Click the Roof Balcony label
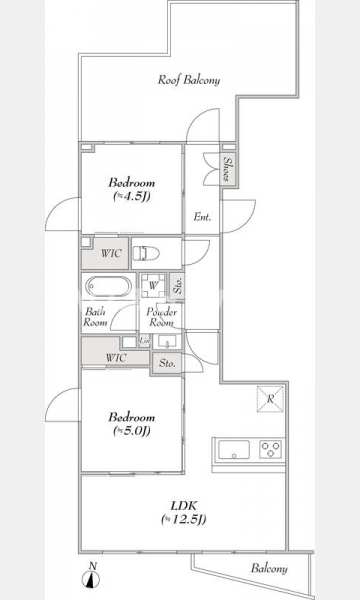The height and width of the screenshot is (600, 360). coord(189,80)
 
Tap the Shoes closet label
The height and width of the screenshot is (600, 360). coord(226,169)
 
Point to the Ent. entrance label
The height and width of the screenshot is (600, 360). coord(202,217)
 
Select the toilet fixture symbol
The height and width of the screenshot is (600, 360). coord(146,253)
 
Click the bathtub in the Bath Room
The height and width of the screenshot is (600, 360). coord(109,286)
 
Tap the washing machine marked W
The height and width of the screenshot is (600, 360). coord(153,286)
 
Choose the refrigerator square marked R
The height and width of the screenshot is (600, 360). coord(270,399)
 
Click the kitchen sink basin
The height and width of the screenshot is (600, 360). coord(233,449)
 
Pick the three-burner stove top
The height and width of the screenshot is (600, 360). coord(270,449)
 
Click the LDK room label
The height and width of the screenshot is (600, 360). coord(184,505)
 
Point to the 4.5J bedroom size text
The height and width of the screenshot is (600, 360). coord(131,197)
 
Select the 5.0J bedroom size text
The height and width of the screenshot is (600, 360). coord(131,431)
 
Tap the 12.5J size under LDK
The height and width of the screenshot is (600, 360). coord(184,520)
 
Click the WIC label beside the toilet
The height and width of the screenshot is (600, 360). coord(111,253)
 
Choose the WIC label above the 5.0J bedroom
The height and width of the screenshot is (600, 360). coord(116,358)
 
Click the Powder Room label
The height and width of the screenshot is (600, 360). coord(161,317)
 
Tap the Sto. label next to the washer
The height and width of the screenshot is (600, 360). coord(177,285)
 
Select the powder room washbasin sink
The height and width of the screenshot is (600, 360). coord(167,342)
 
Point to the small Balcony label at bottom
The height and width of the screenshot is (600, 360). coord(269,569)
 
